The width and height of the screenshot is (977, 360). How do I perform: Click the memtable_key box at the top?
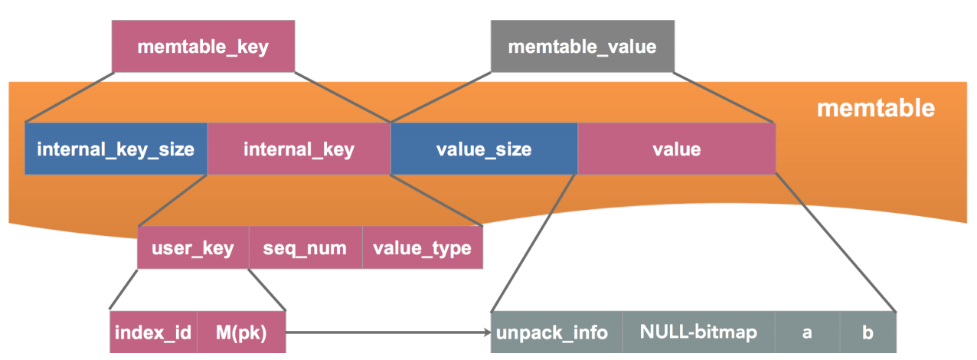pyautogui.click(x=203, y=47)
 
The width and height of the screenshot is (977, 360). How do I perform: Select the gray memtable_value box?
pyautogui.click(x=582, y=47)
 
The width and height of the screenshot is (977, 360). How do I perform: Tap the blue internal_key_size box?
pyautogui.click(x=116, y=149)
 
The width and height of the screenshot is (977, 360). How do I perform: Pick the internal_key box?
pyautogui.click(x=299, y=149)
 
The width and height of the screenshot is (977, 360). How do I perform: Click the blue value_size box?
pyautogui.click(x=483, y=149)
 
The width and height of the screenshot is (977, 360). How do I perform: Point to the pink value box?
pyautogui.click(x=676, y=149)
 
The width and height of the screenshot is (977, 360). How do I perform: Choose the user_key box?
pyautogui.click(x=193, y=248)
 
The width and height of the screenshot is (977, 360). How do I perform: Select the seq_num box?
pyautogui.click(x=305, y=248)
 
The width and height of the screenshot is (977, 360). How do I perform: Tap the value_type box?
pyautogui.click(x=422, y=248)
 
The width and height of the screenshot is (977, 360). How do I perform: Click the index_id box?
pyautogui.click(x=153, y=332)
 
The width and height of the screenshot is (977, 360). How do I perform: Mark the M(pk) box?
pyautogui.click(x=241, y=332)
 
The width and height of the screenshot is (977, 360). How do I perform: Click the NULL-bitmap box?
pyautogui.click(x=698, y=332)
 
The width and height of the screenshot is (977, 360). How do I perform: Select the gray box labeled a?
pyautogui.click(x=807, y=332)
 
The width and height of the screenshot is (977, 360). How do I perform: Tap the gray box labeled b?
pyautogui.click(x=868, y=332)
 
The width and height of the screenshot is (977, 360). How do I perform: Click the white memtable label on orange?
pyautogui.click(x=875, y=108)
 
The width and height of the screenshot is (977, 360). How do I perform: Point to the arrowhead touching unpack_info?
pyautogui.click(x=485, y=332)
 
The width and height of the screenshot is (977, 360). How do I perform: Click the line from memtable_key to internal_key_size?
pyautogui.click(x=70, y=97)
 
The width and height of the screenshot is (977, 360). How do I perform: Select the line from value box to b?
pyautogui.click(x=835, y=241)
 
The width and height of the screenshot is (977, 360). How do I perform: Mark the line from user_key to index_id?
pyautogui.click(x=124, y=290)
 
